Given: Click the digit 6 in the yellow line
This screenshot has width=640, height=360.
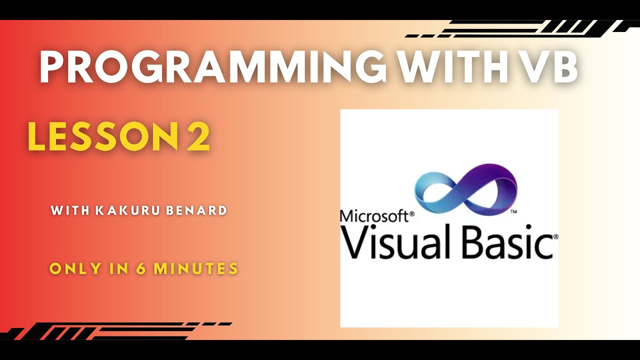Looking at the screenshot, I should [140, 269].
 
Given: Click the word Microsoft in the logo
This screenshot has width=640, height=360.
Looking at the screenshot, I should [374, 216].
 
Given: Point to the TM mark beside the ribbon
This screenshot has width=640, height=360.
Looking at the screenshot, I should [513, 212].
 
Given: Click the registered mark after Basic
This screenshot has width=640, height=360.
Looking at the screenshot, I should [555, 236].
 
